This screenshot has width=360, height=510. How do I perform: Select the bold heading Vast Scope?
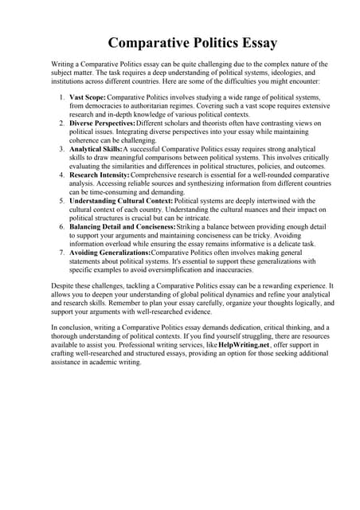87,96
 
